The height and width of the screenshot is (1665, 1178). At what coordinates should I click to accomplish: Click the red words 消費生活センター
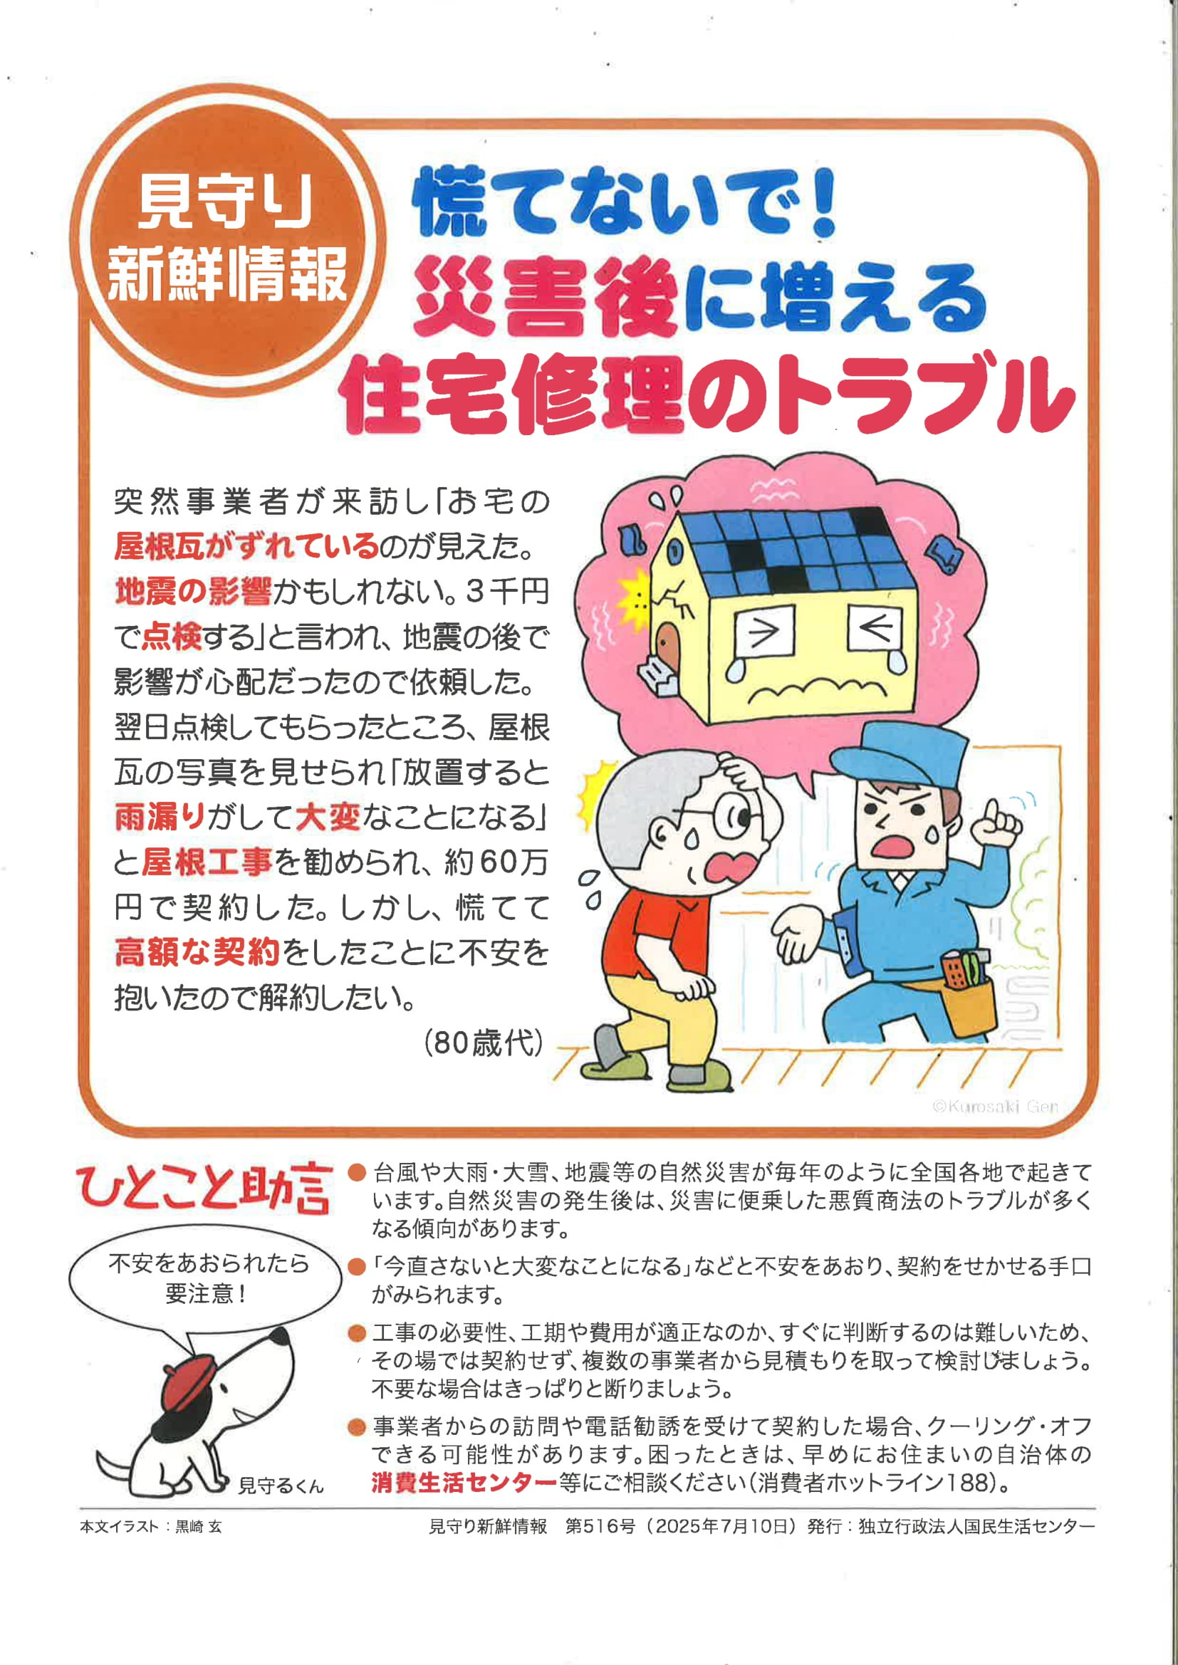tap(464, 1482)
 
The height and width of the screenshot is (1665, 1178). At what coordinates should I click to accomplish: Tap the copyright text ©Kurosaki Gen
tap(994, 1106)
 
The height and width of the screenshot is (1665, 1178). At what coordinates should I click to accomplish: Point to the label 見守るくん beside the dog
tap(281, 1486)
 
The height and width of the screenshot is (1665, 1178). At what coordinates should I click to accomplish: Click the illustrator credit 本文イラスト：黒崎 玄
tap(151, 1527)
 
